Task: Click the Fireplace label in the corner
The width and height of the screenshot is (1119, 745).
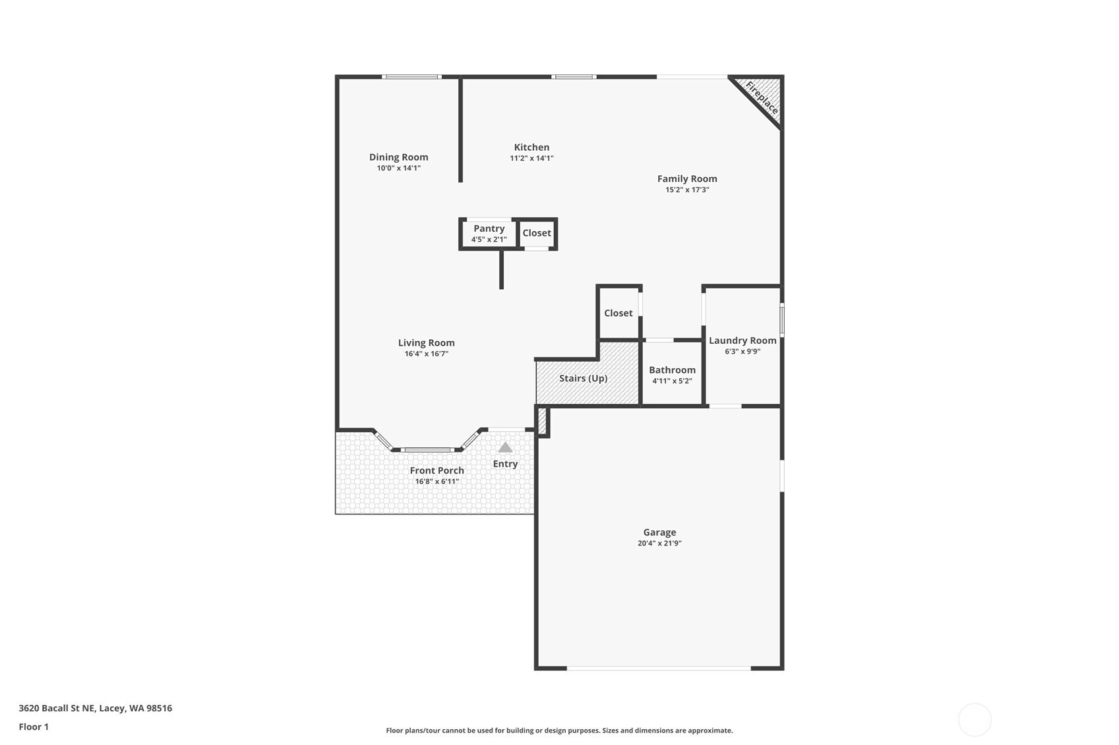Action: [762, 97]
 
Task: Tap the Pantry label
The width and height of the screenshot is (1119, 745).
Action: [489, 229]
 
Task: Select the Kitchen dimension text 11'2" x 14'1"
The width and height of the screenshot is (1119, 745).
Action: [531, 158]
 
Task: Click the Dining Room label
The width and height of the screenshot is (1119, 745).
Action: [399, 157]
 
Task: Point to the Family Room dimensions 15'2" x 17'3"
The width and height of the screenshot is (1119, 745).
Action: [687, 190]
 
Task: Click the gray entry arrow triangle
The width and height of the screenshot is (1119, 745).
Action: [505, 447]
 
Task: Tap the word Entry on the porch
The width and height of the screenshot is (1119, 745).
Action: [505, 464]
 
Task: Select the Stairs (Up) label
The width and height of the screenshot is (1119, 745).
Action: [583, 378]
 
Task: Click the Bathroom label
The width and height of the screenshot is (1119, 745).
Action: [672, 370]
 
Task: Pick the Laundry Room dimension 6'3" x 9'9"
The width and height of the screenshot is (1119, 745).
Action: [742, 351]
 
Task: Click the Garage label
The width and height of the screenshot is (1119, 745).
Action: [659, 532]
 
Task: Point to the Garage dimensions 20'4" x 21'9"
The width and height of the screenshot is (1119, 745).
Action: [659, 543]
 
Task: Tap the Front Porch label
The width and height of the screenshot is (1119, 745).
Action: [437, 470]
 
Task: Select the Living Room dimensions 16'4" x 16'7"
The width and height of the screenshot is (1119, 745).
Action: [426, 354]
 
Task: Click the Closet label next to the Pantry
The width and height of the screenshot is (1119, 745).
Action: [537, 233]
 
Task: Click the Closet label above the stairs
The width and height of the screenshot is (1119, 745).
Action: [618, 313]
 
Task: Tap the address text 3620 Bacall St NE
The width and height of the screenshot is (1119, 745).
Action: [57, 708]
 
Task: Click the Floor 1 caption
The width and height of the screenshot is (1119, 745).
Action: [34, 727]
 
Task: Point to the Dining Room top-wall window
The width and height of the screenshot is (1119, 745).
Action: [411, 77]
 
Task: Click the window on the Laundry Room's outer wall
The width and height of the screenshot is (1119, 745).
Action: [782, 318]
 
